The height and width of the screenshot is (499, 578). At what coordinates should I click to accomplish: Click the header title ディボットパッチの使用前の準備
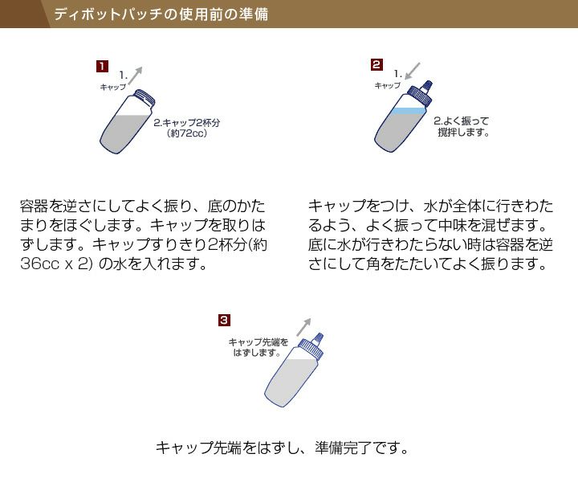pyautogui.click(x=161, y=14)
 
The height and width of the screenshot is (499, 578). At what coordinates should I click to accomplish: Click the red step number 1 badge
pyautogui.click(x=102, y=66)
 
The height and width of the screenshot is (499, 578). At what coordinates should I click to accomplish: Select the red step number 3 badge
pyautogui.click(x=224, y=320)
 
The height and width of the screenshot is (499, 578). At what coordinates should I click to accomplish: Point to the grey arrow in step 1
pyautogui.click(x=136, y=76)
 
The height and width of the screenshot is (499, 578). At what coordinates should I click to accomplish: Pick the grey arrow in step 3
pyautogui.click(x=303, y=325)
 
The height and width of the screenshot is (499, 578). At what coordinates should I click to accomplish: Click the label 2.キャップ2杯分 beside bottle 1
pyautogui.click(x=187, y=123)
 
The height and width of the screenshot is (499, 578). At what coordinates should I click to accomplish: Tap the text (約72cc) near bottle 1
pyautogui.click(x=188, y=134)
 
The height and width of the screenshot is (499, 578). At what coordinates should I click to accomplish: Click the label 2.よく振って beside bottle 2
pyautogui.click(x=462, y=121)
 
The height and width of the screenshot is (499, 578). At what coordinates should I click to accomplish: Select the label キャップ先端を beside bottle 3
pyautogui.click(x=258, y=342)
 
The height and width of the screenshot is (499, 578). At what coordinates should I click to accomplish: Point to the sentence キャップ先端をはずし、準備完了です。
pyautogui.click(x=282, y=448)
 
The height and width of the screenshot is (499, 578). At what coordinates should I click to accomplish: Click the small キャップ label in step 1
pyautogui.click(x=112, y=86)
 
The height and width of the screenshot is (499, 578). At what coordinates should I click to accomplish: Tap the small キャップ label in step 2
pyautogui.click(x=388, y=84)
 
